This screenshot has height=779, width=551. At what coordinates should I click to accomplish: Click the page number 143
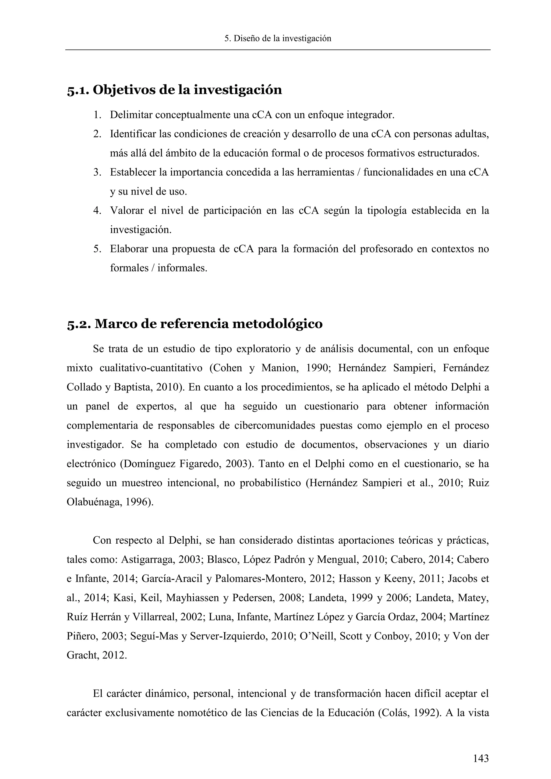pyautogui.click(x=481, y=758)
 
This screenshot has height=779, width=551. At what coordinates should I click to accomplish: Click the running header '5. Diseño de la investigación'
pyautogui.click(x=278, y=38)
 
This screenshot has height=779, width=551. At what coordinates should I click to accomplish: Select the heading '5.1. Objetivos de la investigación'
pyautogui.click(x=174, y=90)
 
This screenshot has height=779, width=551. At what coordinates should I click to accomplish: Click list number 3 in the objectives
pyautogui.click(x=97, y=172)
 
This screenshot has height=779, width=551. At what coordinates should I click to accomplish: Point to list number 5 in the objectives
pyautogui.click(x=97, y=249)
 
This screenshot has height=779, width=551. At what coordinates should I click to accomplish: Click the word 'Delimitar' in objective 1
pyautogui.click(x=131, y=115)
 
